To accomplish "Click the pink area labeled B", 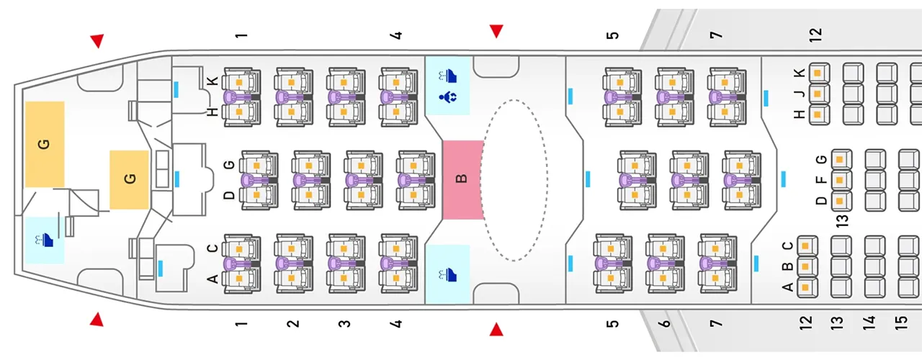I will tap(462, 179).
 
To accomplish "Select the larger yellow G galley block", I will tap(45, 144).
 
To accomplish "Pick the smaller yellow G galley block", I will tap(130, 179).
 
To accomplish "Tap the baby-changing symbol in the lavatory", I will tap(447, 96).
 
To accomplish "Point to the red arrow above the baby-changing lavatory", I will tap(496, 31).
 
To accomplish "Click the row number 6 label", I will tap(665, 323).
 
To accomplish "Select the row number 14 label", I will tap(869, 322).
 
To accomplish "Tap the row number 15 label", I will tap(900, 322).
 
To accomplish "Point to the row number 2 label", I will tap(292, 323).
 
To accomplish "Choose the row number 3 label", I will tap(345, 323).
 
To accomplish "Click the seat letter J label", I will tap(799, 94).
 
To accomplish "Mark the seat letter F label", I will tap(821, 180).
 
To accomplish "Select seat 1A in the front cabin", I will tap(242, 278).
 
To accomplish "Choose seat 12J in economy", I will tap(819, 94).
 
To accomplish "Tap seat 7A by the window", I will tap(718, 276).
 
